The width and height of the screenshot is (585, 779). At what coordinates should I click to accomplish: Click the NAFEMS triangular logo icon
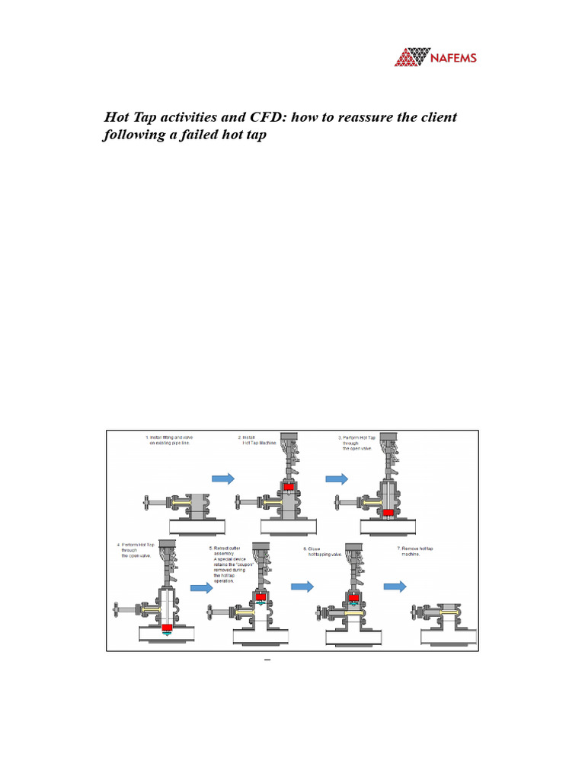coord(413,57)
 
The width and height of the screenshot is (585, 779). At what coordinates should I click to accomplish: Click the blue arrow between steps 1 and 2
coord(222,479)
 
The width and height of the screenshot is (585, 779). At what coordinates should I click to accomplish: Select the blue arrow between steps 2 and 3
coord(337,479)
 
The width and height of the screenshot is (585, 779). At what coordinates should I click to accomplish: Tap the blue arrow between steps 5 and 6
coord(302,586)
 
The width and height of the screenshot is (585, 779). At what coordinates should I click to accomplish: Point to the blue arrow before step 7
coord(394,586)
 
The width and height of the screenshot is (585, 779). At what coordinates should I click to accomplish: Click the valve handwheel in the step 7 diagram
coord(413,612)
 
